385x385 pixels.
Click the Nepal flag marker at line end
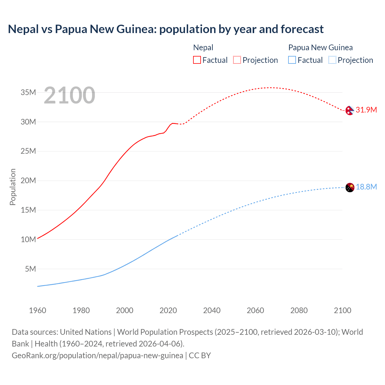350,110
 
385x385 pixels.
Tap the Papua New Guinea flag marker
350,187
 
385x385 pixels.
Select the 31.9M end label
366,110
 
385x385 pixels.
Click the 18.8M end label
366,187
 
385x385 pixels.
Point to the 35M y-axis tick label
28,92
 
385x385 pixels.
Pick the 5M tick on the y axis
30,269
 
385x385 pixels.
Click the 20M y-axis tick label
28,180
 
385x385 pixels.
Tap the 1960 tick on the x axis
38,310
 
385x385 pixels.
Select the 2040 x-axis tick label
212,310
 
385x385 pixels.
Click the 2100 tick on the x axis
342,310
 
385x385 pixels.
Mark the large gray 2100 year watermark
69,95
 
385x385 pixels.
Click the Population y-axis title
13,187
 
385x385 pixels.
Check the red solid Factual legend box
197,60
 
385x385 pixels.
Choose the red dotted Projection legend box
237,60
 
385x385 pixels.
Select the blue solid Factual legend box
292,60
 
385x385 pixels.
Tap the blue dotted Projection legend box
332,60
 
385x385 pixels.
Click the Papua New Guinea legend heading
320,48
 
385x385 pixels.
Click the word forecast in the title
302,29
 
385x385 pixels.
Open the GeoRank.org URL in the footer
97,355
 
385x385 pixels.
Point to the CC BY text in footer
200,355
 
